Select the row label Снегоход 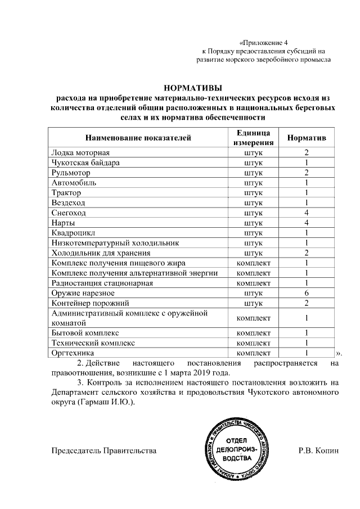(69, 213)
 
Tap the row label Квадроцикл (74, 233)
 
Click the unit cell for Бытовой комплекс (254, 333)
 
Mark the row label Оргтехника (73, 353)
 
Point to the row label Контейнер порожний (91, 303)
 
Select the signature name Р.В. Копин (319, 451)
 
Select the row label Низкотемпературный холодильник (115, 243)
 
